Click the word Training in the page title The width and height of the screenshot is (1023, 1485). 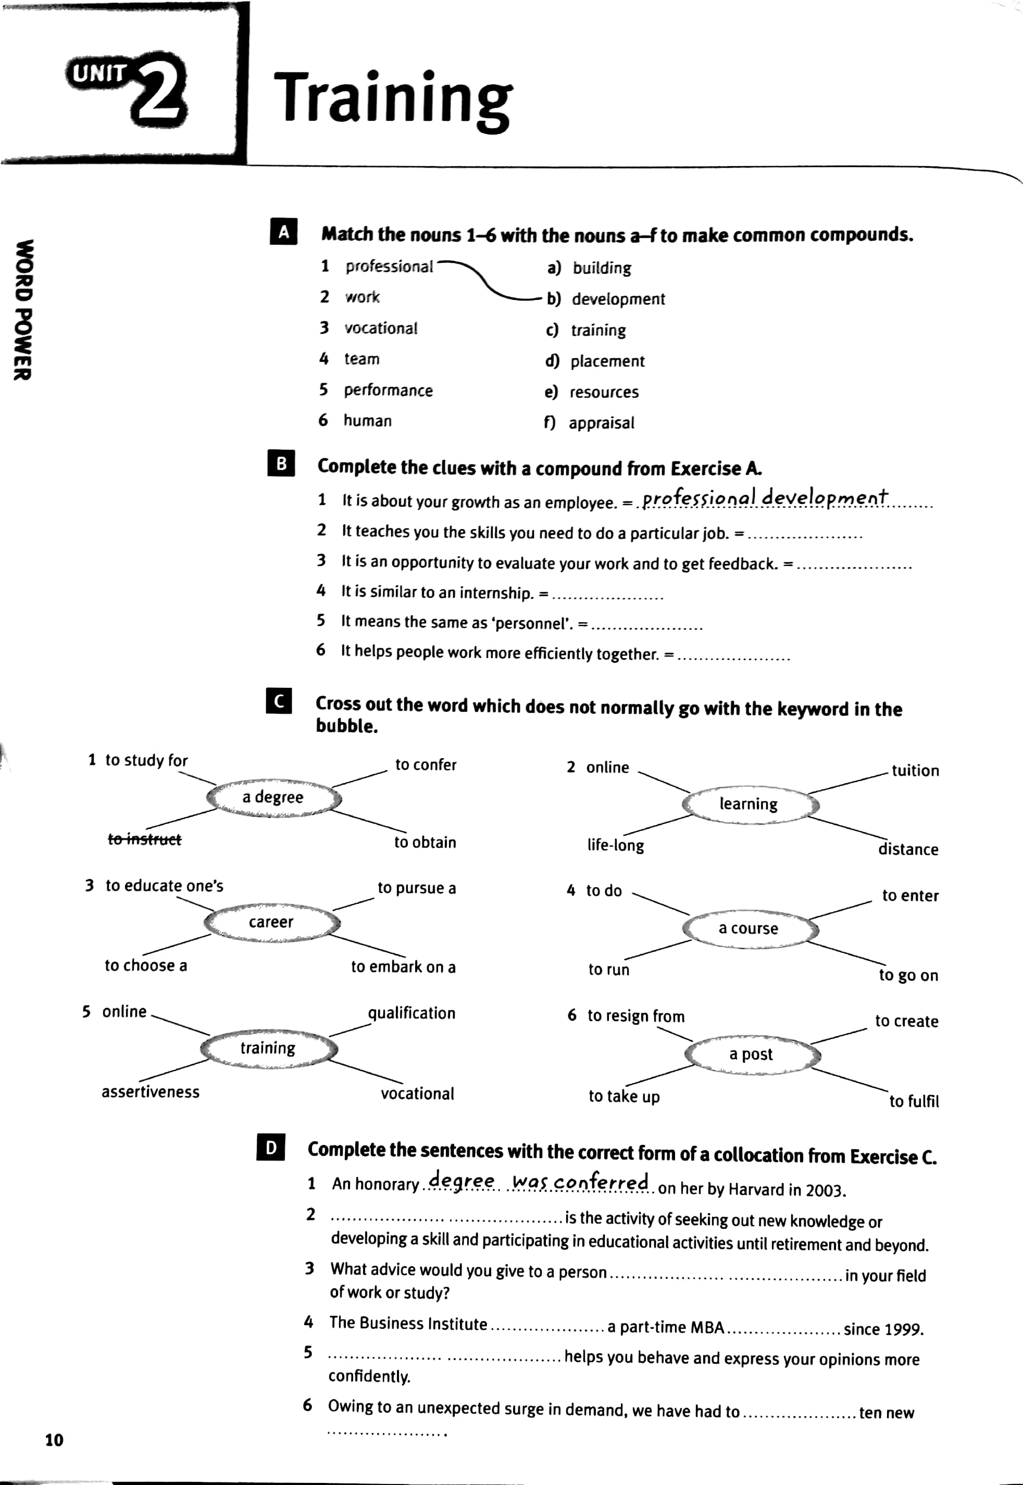[x=392, y=97]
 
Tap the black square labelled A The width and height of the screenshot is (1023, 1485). [x=283, y=232]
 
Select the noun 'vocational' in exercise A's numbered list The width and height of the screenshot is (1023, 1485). [x=381, y=328]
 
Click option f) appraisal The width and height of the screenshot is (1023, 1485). [x=590, y=423]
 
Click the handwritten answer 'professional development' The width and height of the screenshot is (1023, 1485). [x=765, y=498]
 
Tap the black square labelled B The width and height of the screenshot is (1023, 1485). [x=281, y=464]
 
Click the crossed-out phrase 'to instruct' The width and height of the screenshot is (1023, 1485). [x=145, y=839]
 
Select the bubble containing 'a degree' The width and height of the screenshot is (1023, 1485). [x=273, y=797]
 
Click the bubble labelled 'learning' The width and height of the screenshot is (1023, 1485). [x=748, y=804]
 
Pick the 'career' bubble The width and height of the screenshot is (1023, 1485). [x=271, y=922]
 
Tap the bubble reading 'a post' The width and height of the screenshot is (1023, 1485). [x=751, y=1054]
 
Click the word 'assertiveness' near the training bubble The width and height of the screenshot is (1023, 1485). [x=151, y=1092]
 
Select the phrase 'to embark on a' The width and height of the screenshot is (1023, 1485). [x=403, y=967]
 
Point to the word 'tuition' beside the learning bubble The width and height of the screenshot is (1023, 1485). [x=915, y=771]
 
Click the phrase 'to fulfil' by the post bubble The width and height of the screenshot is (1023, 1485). [x=914, y=1101]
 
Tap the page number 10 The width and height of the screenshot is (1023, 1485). [x=55, y=1440]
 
